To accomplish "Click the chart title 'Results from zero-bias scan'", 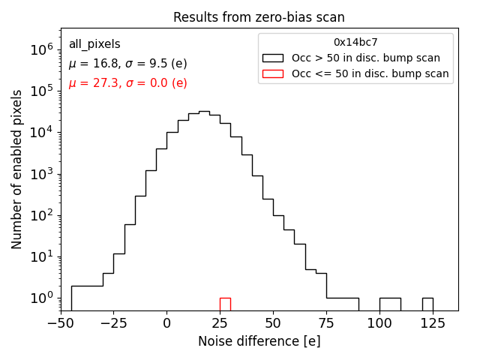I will coord(259,17).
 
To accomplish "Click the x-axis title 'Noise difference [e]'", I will coord(259,341).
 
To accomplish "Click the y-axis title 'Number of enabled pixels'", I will coord(17,169).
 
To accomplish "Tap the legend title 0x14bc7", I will coord(355,42).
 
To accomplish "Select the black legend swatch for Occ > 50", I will coord(273,58).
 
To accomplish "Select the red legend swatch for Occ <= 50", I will coord(273,73).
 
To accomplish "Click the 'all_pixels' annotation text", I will coord(94,44).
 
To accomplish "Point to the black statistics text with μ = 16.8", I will coord(127,64).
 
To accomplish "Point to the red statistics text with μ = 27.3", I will coord(127,83).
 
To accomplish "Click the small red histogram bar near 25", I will coord(225,304).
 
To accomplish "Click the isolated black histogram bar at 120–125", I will coord(427,304).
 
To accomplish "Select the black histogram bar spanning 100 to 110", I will coord(390,304).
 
